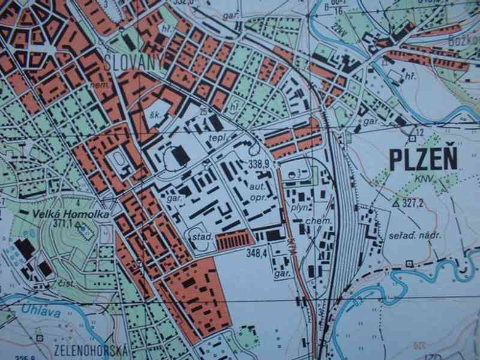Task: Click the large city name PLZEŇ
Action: [423, 159]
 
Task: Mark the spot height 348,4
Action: [256, 253]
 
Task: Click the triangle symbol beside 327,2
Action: [395, 203]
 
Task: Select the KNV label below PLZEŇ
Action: [422, 179]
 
